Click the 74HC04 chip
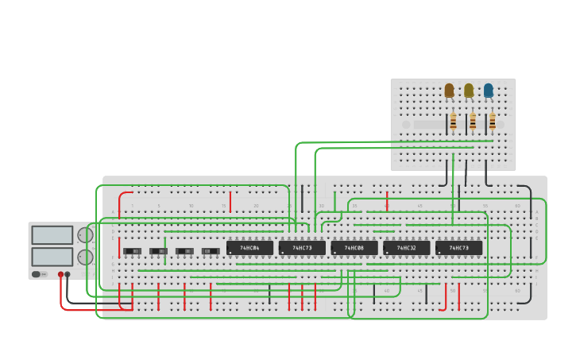249,248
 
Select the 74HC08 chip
354,248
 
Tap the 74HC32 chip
406,248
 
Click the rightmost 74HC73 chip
458,248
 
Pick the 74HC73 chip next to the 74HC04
302,248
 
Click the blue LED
488,91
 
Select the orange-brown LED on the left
449,91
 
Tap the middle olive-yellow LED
469,91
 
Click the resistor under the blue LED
492,122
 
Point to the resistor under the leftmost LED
453,122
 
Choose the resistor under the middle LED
473,122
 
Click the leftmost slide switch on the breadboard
133,251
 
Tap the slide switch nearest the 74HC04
211,251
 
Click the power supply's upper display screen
52,235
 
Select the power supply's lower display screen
52,257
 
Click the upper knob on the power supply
84,235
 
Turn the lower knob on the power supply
84,257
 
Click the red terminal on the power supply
60,274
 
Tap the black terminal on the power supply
68,274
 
